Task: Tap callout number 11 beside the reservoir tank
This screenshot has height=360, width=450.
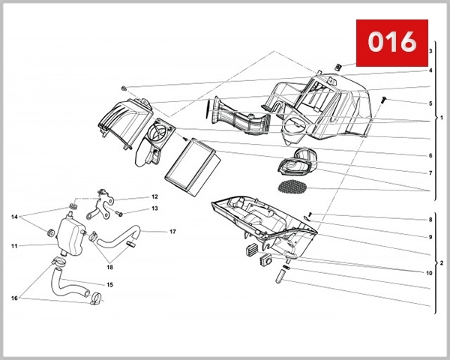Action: click(13, 245)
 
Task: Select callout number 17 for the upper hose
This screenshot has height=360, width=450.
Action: click(172, 232)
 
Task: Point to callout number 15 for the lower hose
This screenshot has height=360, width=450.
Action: click(109, 285)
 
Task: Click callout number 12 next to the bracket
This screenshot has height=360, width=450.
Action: click(154, 196)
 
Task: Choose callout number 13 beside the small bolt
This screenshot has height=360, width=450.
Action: click(154, 209)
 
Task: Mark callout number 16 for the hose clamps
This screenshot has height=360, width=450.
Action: click(13, 298)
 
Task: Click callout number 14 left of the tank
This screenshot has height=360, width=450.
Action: click(13, 217)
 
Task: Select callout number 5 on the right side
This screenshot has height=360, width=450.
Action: click(430, 103)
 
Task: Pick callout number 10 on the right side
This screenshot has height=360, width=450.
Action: click(429, 274)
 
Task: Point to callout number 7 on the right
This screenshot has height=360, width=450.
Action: click(430, 173)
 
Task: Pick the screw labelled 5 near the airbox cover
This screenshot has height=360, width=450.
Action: click(384, 98)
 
